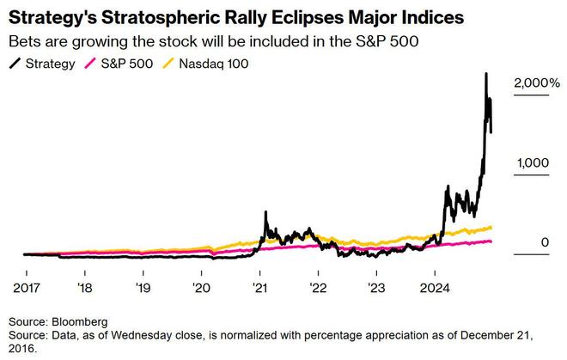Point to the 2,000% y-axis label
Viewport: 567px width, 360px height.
click(x=536, y=84)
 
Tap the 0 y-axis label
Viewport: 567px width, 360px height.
click(x=544, y=243)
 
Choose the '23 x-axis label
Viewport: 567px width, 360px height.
click(x=375, y=287)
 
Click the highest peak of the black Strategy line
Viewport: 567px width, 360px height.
click(x=486, y=74)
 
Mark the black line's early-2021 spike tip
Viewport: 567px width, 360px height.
click(x=265, y=211)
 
